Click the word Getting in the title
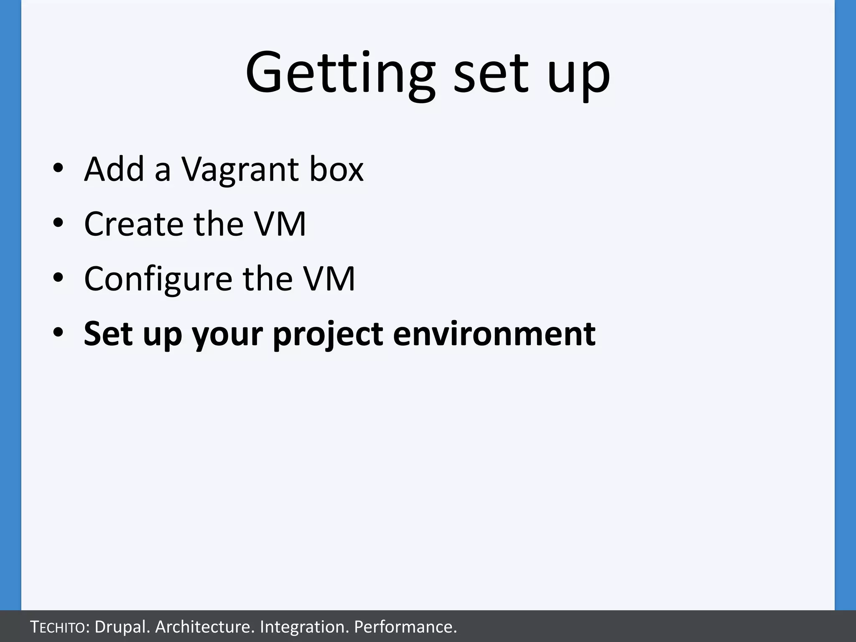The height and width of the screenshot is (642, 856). [340, 73]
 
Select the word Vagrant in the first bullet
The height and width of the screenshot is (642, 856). [240, 170]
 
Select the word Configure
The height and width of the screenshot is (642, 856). [158, 279]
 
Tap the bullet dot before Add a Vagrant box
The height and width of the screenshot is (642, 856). [58, 168]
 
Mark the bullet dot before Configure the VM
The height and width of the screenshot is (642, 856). [58, 278]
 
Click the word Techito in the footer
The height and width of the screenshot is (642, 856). [59, 627]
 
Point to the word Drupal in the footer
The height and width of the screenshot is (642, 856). [122, 627]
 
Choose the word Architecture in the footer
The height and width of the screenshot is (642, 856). [204, 627]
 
